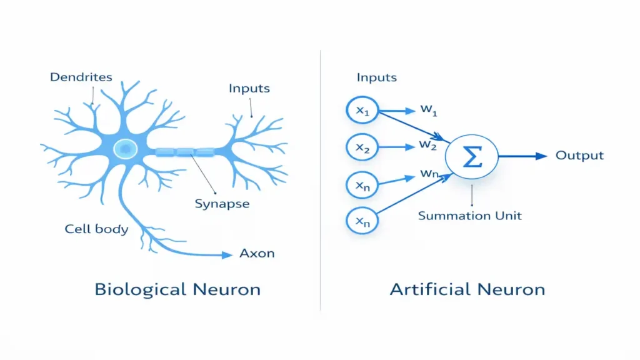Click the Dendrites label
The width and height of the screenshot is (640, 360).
(x=81, y=77)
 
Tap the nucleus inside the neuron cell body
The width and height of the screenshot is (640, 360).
(x=126, y=148)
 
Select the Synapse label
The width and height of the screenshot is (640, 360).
(x=222, y=204)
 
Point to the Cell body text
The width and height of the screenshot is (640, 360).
(x=96, y=229)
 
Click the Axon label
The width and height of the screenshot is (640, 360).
(x=257, y=254)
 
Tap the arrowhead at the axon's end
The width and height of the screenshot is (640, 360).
(x=226, y=254)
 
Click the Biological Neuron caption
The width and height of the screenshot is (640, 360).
(x=177, y=289)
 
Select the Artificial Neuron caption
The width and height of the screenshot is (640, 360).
(x=467, y=289)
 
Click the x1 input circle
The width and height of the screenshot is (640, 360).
(x=362, y=111)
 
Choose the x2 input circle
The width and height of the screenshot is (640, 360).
(x=362, y=147)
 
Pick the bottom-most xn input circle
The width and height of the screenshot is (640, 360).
(x=362, y=220)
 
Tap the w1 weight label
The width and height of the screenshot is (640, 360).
(x=429, y=110)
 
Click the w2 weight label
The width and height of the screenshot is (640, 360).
(x=428, y=146)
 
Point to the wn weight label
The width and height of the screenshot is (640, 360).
(x=429, y=174)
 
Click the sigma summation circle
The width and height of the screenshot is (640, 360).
(x=472, y=155)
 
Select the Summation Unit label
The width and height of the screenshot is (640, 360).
(x=469, y=216)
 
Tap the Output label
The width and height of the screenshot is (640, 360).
(x=579, y=156)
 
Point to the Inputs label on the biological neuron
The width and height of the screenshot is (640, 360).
(x=249, y=88)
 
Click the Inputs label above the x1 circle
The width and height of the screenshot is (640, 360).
(x=376, y=77)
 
